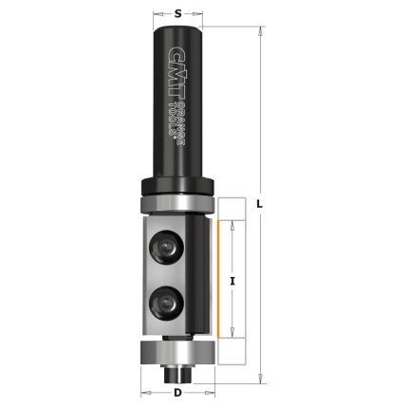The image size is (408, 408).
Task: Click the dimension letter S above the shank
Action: (x=178, y=13)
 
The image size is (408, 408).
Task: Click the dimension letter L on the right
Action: (x=259, y=205)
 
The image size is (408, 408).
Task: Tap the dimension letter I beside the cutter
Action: (x=232, y=281)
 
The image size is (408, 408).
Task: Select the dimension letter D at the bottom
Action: (x=178, y=393)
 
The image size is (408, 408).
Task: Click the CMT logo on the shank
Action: (x=176, y=72)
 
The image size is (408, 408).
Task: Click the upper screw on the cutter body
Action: (x=166, y=247)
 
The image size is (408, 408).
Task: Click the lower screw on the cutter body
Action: (x=166, y=304)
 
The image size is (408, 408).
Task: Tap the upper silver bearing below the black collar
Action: (x=177, y=204)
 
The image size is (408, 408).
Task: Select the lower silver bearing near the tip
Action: (x=178, y=352)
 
